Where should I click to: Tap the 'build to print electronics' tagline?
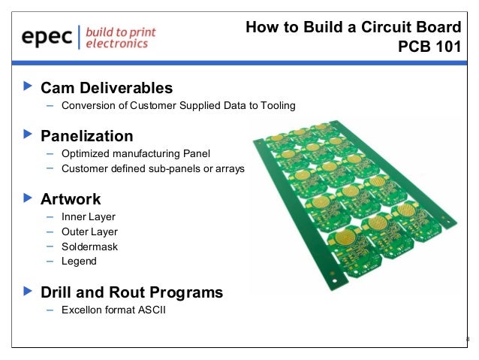pos(117,38)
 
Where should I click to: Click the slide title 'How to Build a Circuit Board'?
pos(353,28)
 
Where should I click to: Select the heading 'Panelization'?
pos(86,136)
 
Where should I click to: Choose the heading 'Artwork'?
pos(71,199)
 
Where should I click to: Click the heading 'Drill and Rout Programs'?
pos(131,292)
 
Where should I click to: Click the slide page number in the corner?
pos(468,340)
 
